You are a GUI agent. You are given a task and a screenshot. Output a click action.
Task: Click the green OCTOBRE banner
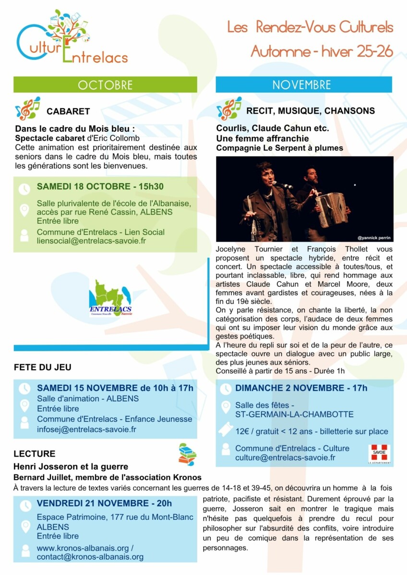[105, 85]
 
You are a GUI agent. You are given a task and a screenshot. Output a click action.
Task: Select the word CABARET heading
[68, 111]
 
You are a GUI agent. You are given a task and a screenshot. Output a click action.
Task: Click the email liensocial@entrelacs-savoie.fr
[91, 241]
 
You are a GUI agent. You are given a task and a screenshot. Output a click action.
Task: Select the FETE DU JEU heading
[42, 368]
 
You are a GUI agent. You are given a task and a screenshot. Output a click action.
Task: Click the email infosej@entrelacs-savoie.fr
[86, 429]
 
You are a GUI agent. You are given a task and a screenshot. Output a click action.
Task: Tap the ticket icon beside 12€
[225, 430]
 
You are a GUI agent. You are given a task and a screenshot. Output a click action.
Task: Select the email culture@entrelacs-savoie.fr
[285, 458]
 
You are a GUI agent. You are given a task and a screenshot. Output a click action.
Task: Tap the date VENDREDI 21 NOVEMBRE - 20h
[104, 504]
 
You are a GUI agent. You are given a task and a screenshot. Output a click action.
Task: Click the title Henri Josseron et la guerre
[71, 467]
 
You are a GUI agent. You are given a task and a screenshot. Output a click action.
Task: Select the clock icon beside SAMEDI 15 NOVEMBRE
[24, 389]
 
